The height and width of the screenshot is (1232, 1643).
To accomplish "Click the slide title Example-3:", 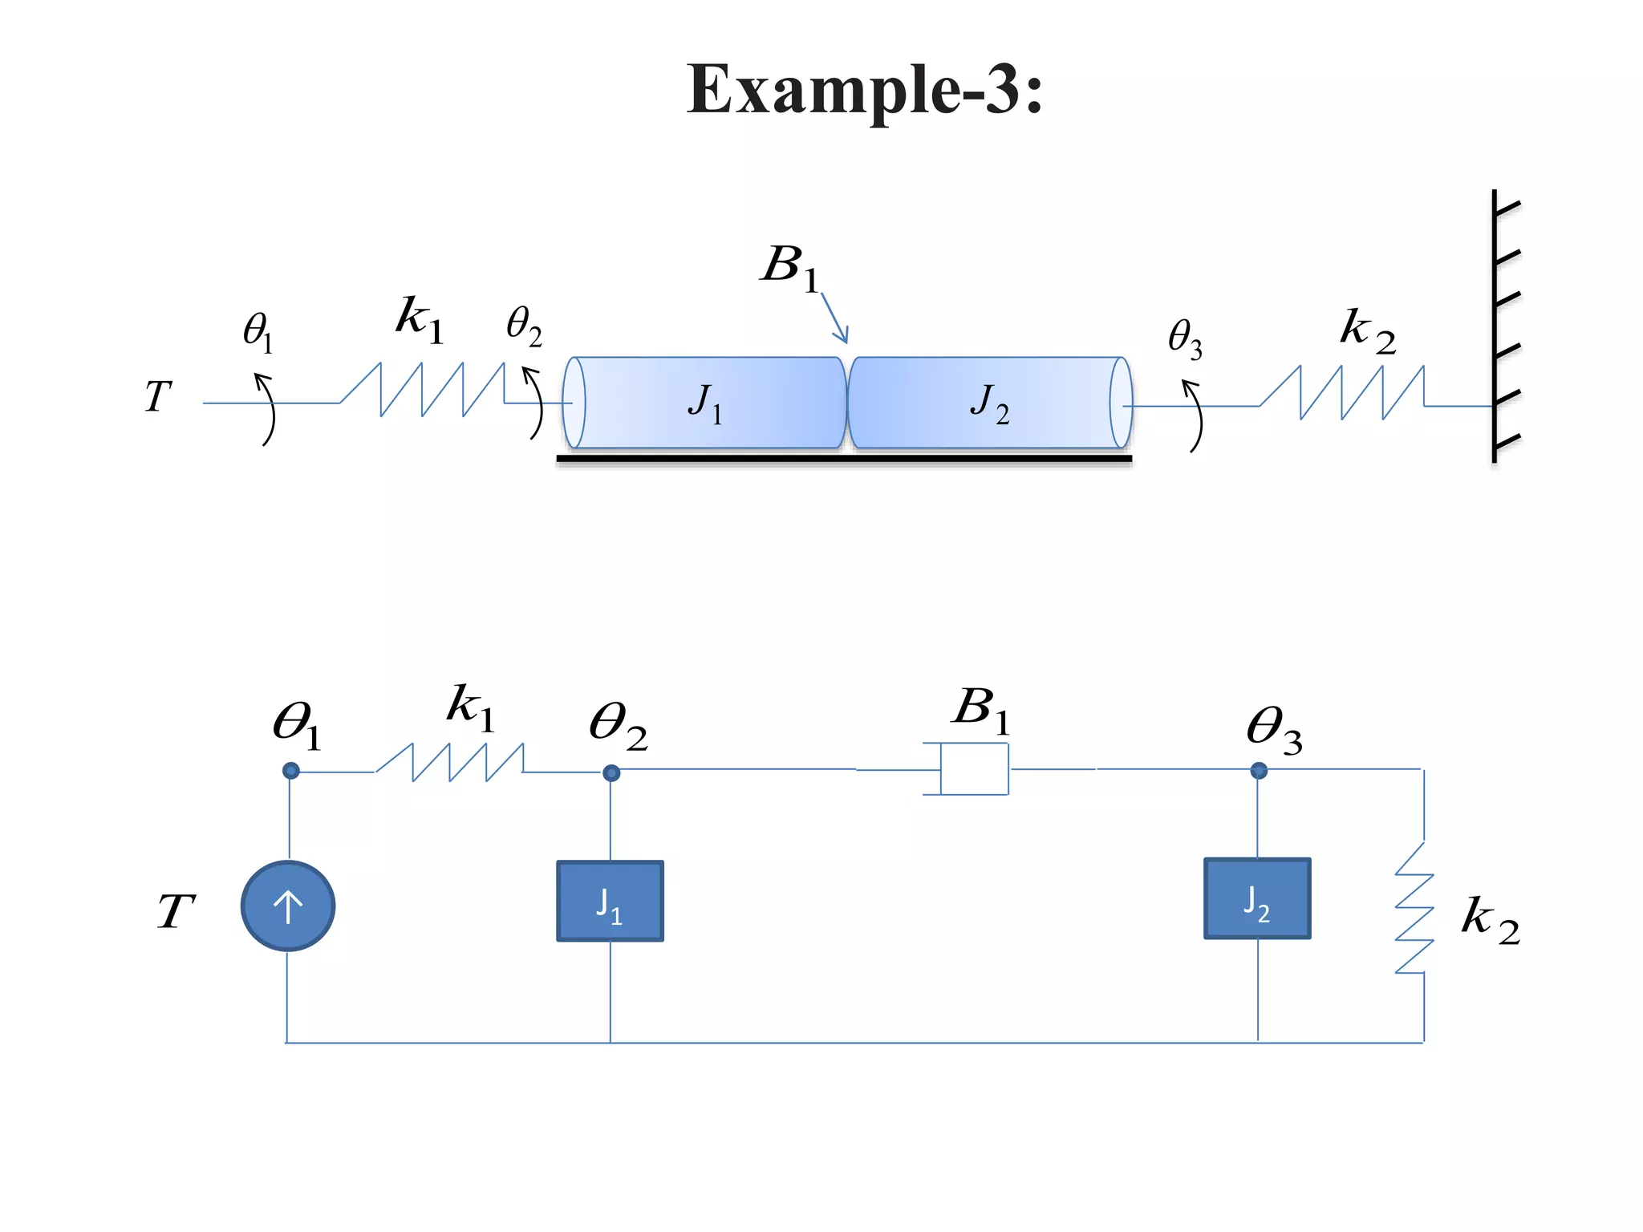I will pyautogui.click(x=864, y=90).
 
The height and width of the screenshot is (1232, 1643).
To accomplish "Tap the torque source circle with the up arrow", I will pyautogui.click(x=288, y=906).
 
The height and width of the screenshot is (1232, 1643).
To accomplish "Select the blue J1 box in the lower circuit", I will pyautogui.click(x=610, y=901).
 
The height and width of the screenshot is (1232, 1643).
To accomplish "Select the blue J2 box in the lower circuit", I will pyautogui.click(x=1257, y=898).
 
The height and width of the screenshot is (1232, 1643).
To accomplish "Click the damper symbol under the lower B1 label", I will pyautogui.click(x=973, y=768).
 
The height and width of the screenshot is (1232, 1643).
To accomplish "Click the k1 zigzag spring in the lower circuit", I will pyautogui.click(x=449, y=762).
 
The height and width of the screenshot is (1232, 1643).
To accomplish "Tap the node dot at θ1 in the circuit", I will pyautogui.click(x=290, y=771).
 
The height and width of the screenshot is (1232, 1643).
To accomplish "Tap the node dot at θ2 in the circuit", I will pyautogui.click(x=611, y=772).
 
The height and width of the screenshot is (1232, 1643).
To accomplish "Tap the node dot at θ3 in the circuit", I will pyautogui.click(x=1258, y=771).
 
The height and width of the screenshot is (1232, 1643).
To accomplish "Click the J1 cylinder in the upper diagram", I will pyautogui.click(x=706, y=403).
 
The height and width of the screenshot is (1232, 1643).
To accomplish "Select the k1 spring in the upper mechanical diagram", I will pyautogui.click(x=423, y=390).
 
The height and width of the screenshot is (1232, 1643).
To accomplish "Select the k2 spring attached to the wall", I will pyautogui.click(x=1342, y=393).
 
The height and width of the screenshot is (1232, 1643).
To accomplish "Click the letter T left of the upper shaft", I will pyautogui.click(x=158, y=395).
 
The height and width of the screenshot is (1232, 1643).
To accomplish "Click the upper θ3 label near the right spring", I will pyautogui.click(x=1185, y=338).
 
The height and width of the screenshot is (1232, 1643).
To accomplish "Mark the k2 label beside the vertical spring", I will pyautogui.click(x=1489, y=919).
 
